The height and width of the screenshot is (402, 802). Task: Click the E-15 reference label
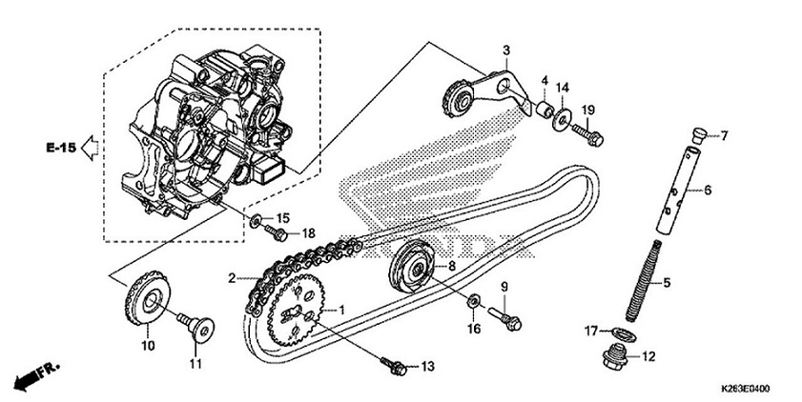[59, 148]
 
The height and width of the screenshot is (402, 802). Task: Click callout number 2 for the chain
[232, 278]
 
